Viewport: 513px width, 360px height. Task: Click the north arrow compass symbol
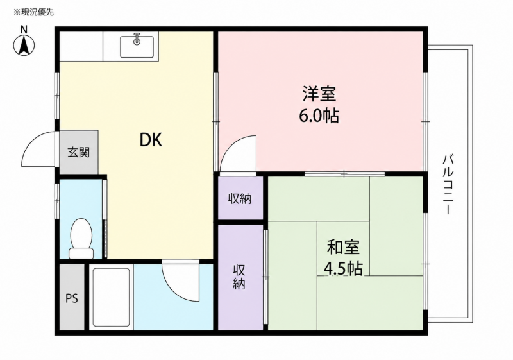pos(24,45)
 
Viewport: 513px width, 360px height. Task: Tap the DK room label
pos(151,140)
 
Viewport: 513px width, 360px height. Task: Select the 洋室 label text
pos(319,94)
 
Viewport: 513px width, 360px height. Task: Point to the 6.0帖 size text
pos(319,116)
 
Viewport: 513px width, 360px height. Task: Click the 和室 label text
pos(343,248)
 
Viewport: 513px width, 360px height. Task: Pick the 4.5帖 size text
pos(343,269)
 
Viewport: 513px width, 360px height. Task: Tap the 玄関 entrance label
pos(78,152)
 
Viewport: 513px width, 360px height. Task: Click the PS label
pos(72,298)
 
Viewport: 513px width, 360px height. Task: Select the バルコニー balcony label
pos(447,185)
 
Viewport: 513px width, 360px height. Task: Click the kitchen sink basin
pos(137,46)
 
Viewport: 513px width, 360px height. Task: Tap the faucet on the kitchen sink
pos(137,38)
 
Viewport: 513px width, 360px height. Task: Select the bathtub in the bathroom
pos(111,297)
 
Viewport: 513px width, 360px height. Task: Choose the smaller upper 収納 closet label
pos(240,199)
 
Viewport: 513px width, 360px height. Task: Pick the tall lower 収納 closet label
pos(239,277)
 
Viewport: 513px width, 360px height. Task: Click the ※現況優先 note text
pos(33,12)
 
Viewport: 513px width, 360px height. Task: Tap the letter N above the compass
pos(24,30)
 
